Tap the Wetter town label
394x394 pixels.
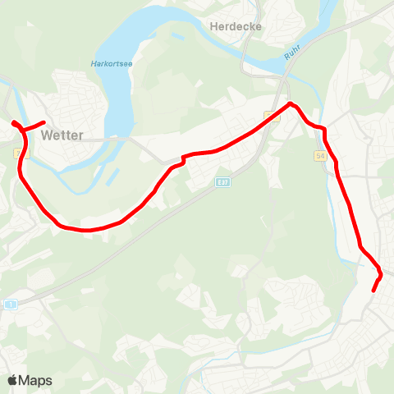[x=62, y=135]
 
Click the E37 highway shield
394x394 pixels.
[x=222, y=181]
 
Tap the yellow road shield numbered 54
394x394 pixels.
[x=320, y=155]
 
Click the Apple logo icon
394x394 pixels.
[x=13, y=380]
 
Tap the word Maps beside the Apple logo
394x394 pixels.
[x=35, y=381]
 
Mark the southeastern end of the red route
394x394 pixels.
[x=373, y=290]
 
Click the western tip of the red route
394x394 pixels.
[x=14, y=123]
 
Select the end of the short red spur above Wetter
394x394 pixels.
[x=44, y=122]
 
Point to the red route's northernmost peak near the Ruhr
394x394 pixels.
[x=290, y=103]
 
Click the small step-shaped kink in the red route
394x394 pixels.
[x=183, y=159]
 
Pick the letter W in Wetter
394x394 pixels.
[x=45, y=135]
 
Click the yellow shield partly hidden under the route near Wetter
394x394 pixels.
[x=18, y=153]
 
